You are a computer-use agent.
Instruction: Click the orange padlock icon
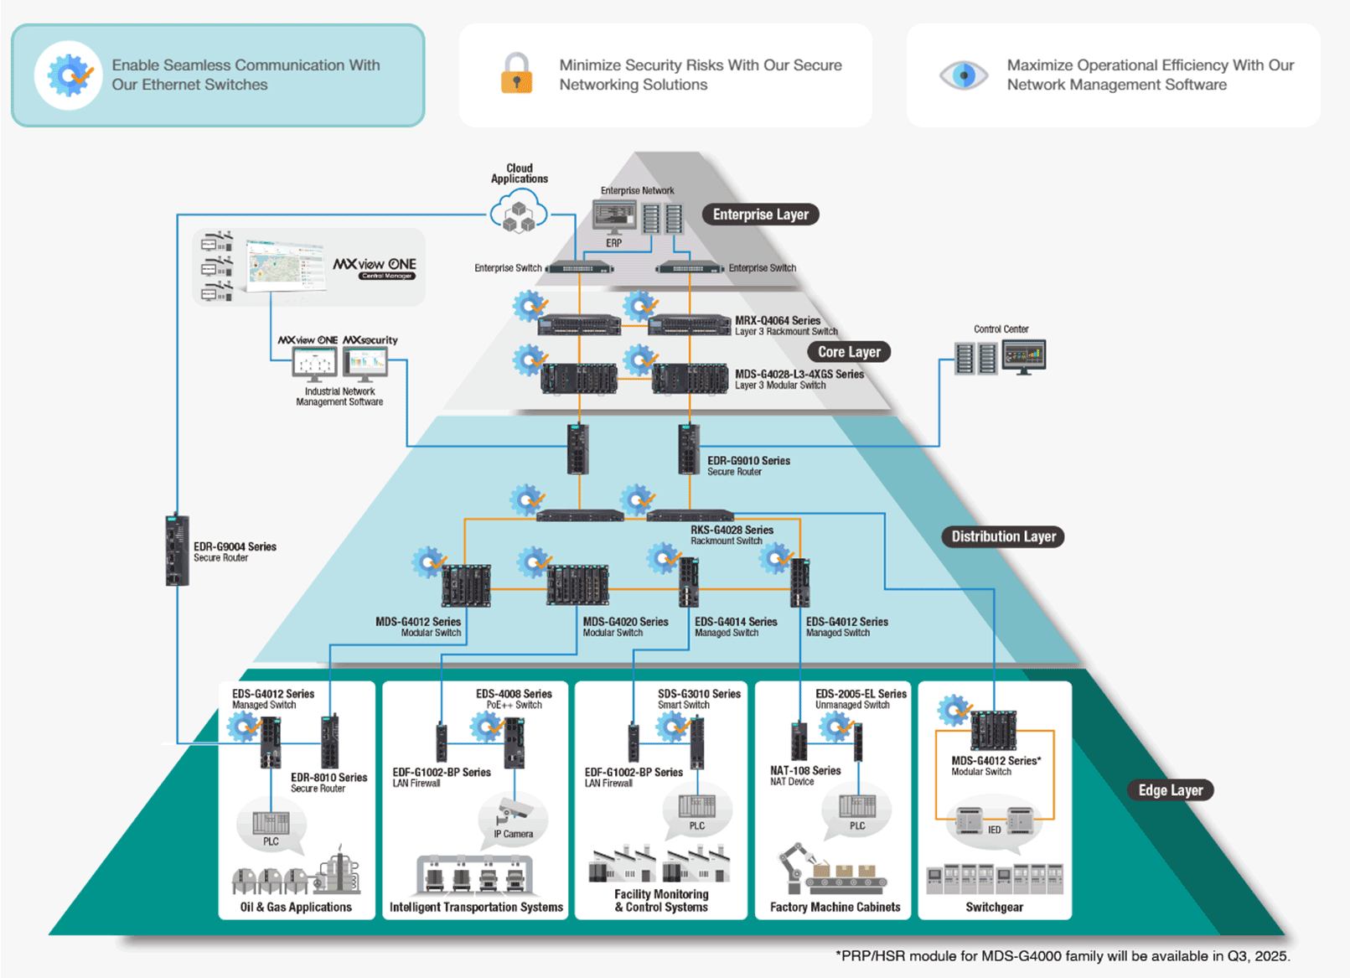tap(516, 74)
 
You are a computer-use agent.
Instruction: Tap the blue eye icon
tap(964, 75)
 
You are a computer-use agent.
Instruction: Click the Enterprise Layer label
tap(760, 215)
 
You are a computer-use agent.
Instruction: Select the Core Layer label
tap(849, 352)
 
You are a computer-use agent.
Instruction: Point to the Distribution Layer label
tap(1003, 536)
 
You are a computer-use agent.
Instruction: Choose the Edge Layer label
tap(1170, 790)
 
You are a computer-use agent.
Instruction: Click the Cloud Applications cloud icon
tap(519, 212)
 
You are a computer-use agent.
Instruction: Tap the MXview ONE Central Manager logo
tap(375, 267)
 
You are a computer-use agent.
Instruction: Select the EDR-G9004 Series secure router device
tap(177, 550)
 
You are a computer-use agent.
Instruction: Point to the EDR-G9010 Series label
tap(748, 461)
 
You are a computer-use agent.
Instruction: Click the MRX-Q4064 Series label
tap(778, 320)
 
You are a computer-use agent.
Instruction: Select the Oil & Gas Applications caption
tap(296, 907)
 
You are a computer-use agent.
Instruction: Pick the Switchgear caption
tap(994, 907)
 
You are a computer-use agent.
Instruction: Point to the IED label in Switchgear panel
tap(994, 830)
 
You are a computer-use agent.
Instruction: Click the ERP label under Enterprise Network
tap(614, 243)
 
